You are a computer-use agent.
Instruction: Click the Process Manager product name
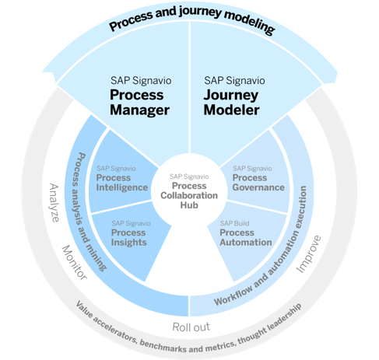[139, 102]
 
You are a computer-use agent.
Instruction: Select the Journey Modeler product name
[231, 102]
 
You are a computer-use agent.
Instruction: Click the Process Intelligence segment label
[122, 183]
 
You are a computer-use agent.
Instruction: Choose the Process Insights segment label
[128, 237]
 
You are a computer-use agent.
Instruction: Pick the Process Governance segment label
[258, 183]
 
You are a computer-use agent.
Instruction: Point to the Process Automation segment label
[246, 237]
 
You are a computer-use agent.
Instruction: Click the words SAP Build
[234, 223]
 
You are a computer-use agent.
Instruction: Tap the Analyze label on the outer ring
[54, 203]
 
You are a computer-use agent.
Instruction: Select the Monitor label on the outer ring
[75, 263]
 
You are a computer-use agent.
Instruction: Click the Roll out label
[191, 327]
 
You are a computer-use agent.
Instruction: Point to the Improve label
[309, 254]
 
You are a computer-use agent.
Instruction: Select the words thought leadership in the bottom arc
[270, 323]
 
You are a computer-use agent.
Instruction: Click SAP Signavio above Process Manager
[141, 81]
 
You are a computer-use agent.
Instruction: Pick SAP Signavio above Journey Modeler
[234, 81]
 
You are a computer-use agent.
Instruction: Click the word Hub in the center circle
[189, 205]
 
